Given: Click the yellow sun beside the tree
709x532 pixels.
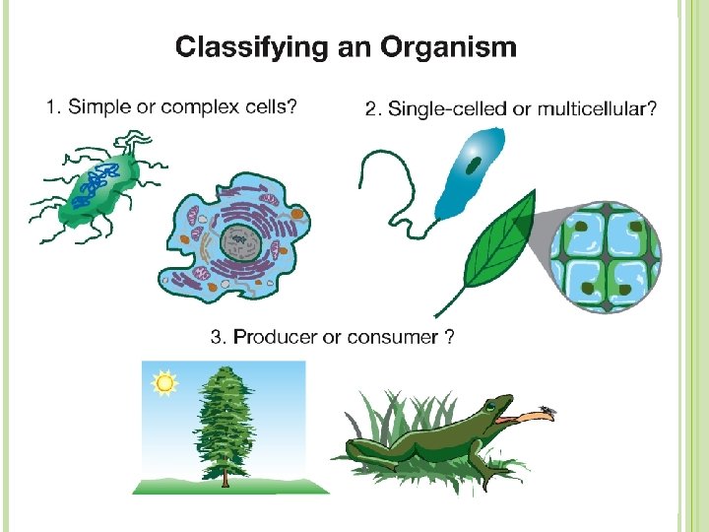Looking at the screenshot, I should [x=163, y=382].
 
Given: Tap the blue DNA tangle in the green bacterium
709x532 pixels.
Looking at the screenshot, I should [x=101, y=182].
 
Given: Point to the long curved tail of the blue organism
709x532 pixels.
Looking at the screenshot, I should [x=389, y=192].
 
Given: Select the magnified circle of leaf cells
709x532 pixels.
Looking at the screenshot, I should [x=606, y=250].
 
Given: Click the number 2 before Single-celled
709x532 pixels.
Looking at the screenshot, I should [x=371, y=108].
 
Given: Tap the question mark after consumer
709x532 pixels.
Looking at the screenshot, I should [x=449, y=337].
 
